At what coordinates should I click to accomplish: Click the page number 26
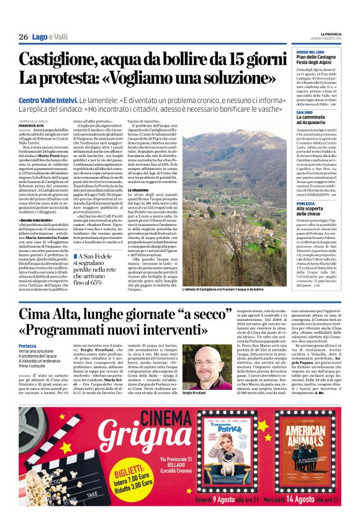pos(23,37)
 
